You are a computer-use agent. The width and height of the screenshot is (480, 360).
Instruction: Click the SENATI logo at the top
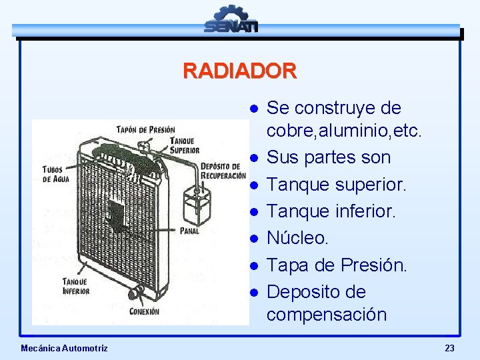231,19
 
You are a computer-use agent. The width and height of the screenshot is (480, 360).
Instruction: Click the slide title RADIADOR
239,71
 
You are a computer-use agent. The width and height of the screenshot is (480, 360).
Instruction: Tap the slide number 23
449,348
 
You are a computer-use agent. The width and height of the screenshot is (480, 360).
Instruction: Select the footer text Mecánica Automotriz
64,348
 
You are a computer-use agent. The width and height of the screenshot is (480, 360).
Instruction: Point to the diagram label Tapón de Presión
145,129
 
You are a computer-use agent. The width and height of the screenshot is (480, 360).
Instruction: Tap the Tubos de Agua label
56,175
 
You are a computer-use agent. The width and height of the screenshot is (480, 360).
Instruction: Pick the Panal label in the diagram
189,231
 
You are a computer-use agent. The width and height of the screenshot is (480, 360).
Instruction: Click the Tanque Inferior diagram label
76,286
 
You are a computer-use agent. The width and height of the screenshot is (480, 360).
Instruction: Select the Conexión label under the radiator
144,311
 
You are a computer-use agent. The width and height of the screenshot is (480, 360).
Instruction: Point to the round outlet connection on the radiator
136,293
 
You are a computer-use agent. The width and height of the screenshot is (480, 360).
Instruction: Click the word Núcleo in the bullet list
297,238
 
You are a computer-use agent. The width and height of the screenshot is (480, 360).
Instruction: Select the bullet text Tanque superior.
336,185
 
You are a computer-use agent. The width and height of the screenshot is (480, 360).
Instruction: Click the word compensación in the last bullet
326,314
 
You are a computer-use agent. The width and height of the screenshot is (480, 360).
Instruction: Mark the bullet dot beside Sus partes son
254,159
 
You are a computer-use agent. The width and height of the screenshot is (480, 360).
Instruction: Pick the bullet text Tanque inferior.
331,211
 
